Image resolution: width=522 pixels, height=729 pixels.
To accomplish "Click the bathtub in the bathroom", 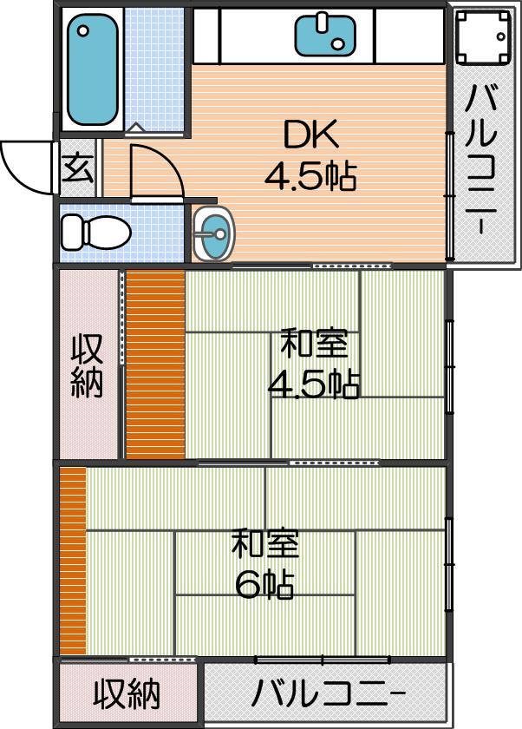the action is (x=92, y=69).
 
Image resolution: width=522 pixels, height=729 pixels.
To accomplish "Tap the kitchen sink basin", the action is (x=325, y=35).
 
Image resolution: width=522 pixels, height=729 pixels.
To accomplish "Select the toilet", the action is (x=95, y=232).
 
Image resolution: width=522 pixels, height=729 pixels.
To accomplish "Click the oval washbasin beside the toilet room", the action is (x=213, y=233).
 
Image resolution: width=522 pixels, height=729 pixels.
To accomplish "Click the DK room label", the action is (x=310, y=135).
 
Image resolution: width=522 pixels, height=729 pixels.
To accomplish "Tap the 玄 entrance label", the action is (x=78, y=167).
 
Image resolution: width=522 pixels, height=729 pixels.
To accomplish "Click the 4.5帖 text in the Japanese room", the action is (x=314, y=384).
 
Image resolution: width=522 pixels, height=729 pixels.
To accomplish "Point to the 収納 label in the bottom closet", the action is (x=127, y=693).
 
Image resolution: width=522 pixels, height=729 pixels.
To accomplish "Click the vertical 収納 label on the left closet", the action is (x=87, y=367).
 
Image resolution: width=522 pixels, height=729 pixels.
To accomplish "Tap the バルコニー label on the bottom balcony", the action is (x=328, y=693).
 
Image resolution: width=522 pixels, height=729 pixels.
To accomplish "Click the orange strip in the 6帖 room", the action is (x=74, y=561).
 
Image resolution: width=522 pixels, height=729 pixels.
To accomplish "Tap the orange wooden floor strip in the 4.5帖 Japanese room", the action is (x=155, y=365).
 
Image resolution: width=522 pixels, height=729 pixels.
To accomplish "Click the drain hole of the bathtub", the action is (x=83, y=31).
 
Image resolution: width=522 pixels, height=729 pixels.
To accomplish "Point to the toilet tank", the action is (x=73, y=232).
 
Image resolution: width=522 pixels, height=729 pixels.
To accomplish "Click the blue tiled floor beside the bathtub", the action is (x=153, y=69).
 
